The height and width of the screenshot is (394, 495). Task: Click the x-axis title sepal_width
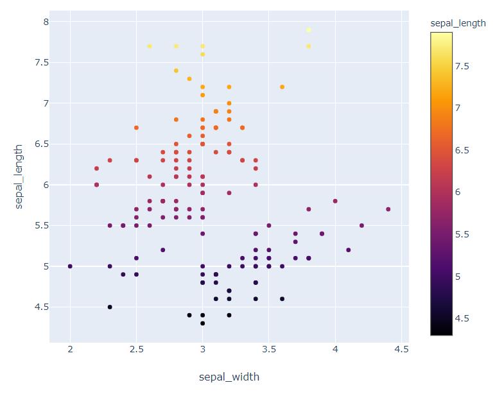(x=229, y=377)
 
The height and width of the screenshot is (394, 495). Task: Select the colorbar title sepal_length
(x=458, y=23)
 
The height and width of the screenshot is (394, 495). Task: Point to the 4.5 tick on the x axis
(x=401, y=349)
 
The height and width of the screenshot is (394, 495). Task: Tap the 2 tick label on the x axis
(x=70, y=349)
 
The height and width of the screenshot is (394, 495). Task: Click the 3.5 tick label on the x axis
(x=268, y=349)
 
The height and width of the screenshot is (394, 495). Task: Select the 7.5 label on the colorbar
(x=462, y=66)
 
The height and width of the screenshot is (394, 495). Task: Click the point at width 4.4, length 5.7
(x=388, y=209)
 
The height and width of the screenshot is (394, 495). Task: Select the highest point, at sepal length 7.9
(x=309, y=30)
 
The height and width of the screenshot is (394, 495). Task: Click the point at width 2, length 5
(x=70, y=266)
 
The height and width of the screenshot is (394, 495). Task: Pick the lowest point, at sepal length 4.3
(x=202, y=323)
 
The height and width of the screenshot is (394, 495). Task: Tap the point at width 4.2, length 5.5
(x=361, y=225)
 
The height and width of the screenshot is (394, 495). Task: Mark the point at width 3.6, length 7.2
(x=282, y=87)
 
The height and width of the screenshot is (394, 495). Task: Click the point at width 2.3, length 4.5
(x=110, y=307)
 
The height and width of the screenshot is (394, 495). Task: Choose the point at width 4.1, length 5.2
(x=348, y=250)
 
